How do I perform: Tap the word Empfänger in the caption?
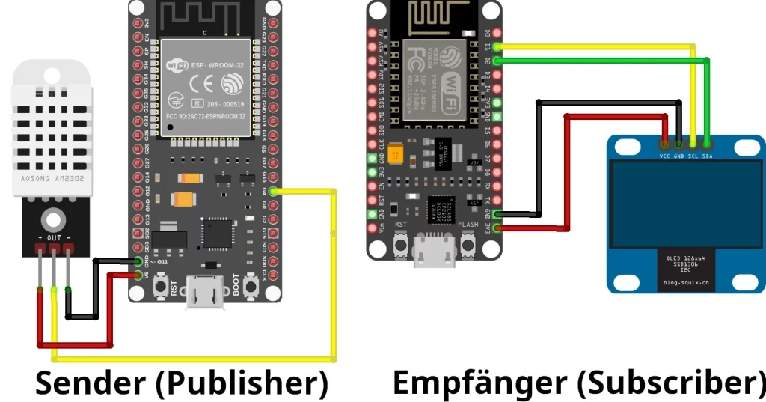[479, 383]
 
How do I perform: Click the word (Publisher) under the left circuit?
[242, 383]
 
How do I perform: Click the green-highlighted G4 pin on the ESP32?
[274, 192]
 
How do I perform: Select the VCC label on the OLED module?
[664, 156]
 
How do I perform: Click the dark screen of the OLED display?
[685, 205]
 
